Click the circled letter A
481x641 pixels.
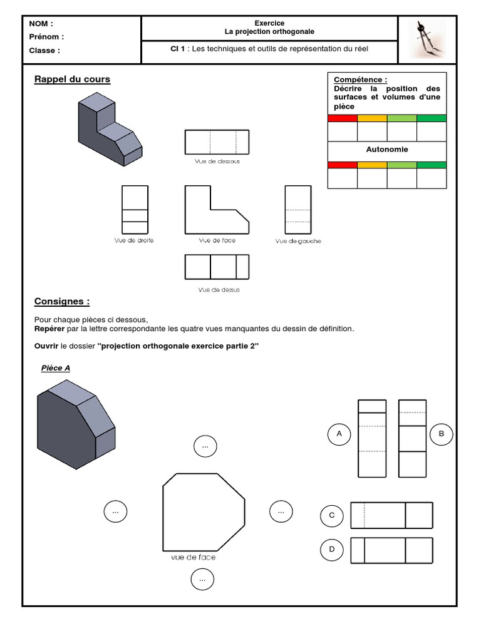pos(339,433)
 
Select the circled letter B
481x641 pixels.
pos(441,433)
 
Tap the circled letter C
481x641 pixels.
pos(332,516)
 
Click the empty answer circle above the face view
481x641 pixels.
pos(205,446)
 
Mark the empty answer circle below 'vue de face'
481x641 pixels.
pos(202,580)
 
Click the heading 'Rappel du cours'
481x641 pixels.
pos(72,79)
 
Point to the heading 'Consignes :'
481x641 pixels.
pos(62,302)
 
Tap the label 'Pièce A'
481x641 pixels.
pos(56,368)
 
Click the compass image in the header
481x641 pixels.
pos(427,39)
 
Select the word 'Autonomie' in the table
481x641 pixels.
pos(387,150)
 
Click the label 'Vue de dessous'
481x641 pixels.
pos(217,161)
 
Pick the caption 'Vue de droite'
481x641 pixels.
pos(135,240)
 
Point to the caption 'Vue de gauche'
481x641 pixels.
pos(297,242)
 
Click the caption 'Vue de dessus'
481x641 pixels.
pos(219,290)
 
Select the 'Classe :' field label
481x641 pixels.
pos(44,51)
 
